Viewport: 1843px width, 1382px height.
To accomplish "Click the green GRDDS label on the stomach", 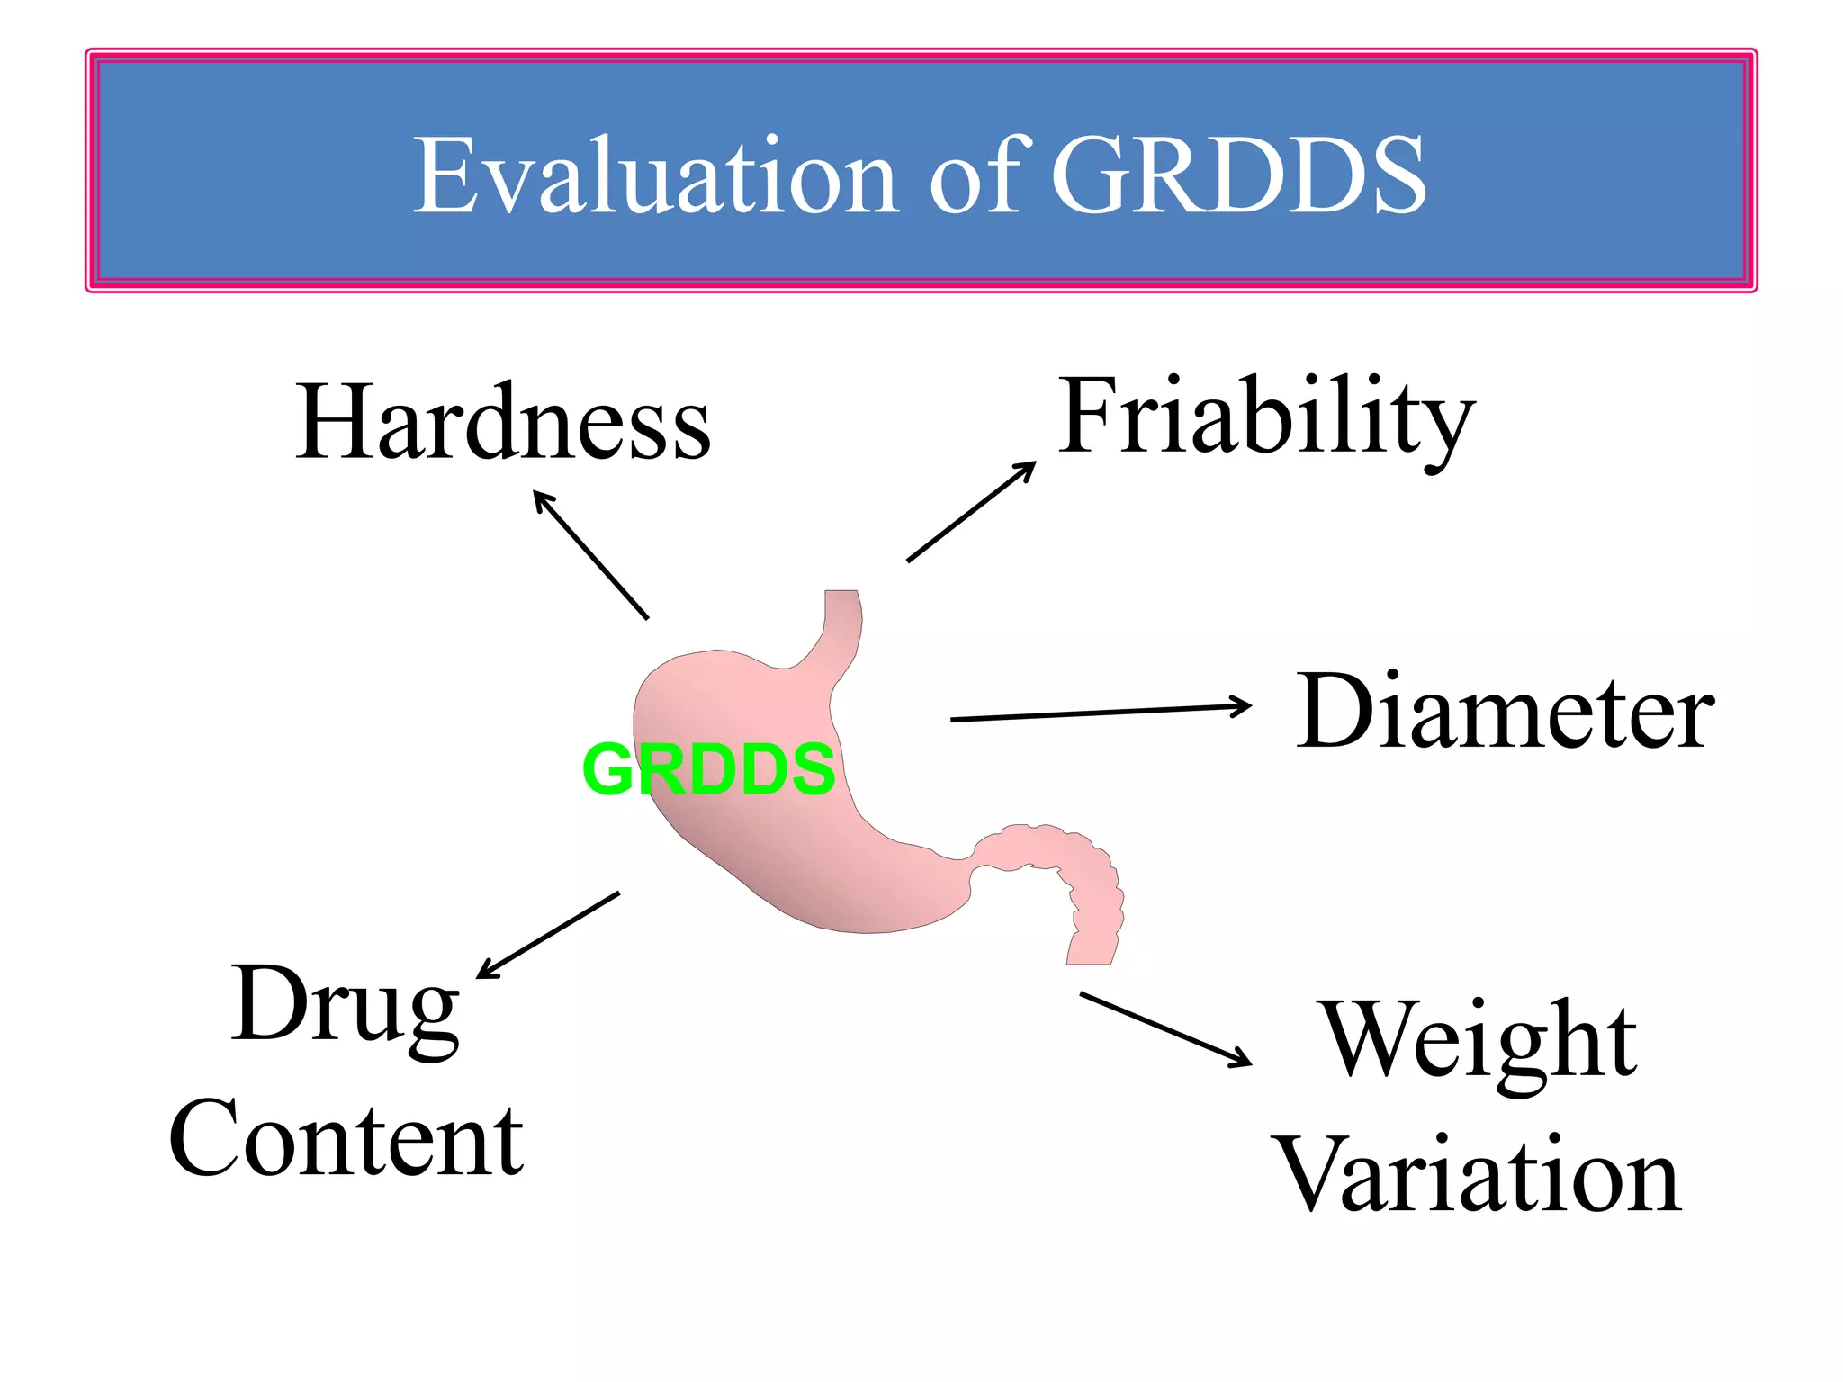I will (709, 769).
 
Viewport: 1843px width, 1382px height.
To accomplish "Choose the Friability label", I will (1265, 417).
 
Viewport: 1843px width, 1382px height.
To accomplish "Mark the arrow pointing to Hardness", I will (590, 554).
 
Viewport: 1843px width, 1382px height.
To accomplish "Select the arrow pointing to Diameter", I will (1100, 713).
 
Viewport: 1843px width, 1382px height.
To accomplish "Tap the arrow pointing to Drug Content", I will (547, 935).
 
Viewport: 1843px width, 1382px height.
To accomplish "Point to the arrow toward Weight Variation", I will (1165, 1029).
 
